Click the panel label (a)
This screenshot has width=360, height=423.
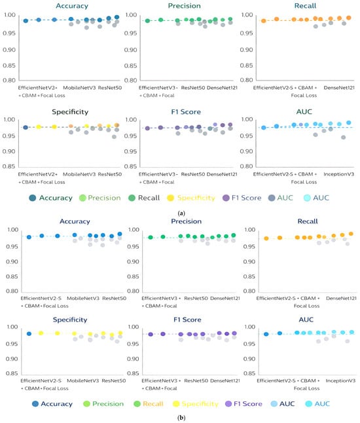pyautogui.click(x=181, y=213)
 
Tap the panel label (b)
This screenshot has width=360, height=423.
pyautogui.click(x=181, y=418)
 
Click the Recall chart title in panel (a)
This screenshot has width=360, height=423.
pyautogui.click(x=305, y=6)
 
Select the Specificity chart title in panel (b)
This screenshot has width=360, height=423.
pyautogui.click(x=70, y=320)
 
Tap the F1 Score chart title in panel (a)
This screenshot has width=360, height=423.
pyautogui.click(x=186, y=112)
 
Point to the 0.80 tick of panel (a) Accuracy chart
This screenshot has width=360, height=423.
pyautogui.click(x=9, y=80)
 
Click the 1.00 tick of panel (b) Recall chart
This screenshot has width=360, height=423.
pyautogui.click(x=249, y=230)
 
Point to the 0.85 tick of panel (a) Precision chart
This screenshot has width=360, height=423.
pyautogui.click(x=130, y=65)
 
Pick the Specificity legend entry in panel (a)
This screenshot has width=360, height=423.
pyautogui.click(x=191, y=198)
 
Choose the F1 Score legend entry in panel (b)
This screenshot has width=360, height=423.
pyautogui.click(x=243, y=404)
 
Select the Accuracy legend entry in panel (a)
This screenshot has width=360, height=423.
pyautogui.click(x=50, y=198)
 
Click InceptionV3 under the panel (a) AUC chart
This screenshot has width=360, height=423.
pyautogui.click(x=338, y=174)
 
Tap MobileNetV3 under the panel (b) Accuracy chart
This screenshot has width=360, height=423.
pyautogui.click(x=83, y=299)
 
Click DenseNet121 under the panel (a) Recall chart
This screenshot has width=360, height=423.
pyautogui.click(x=339, y=88)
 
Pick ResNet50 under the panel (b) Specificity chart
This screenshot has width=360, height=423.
pyautogui.click(x=114, y=380)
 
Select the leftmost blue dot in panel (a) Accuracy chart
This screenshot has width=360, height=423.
pyautogui.click(x=26, y=21)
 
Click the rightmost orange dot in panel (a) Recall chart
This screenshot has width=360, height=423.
pyautogui.click(x=348, y=18)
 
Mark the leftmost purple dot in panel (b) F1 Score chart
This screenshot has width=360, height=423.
pyautogui.click(x=151, y=334)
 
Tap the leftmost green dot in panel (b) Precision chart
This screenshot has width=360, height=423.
pyautogui.click(x=151, y=238)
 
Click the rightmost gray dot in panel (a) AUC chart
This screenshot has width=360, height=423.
pyautogui.click(x=343, y=138)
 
